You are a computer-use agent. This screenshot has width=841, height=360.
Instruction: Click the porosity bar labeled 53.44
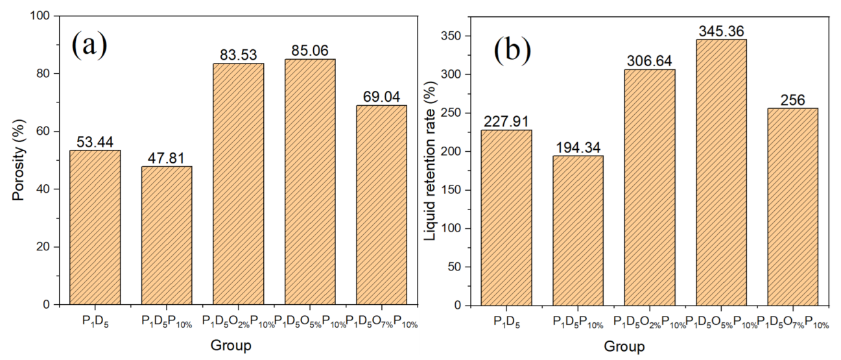coord(95,227)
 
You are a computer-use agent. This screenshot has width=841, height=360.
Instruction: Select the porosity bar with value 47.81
coord(167,235)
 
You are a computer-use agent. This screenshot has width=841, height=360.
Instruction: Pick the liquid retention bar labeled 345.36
coord(721,172)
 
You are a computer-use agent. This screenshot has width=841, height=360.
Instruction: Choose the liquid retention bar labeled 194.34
coord(578,230)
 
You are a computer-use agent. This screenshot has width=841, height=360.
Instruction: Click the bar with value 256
coord(792,206)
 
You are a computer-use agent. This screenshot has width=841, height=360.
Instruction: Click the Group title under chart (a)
coord(231,346)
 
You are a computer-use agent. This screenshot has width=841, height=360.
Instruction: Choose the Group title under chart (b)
coord(624,346)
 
